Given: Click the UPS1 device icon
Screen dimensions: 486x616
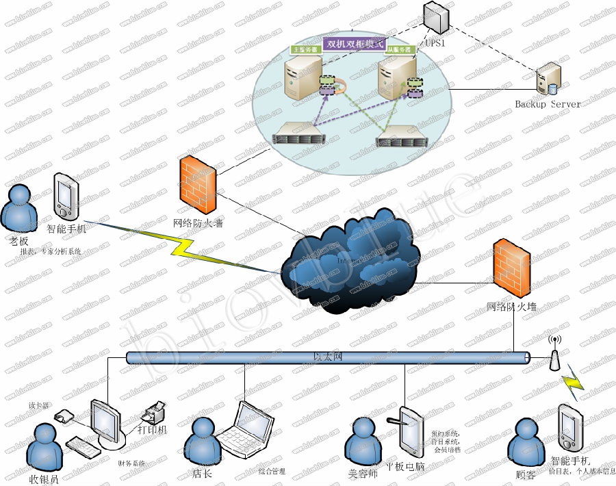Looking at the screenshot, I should [435, 18].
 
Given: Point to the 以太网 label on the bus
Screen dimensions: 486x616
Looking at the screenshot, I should [326, 357].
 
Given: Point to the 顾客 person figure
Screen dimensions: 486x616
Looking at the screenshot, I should [525, 442].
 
